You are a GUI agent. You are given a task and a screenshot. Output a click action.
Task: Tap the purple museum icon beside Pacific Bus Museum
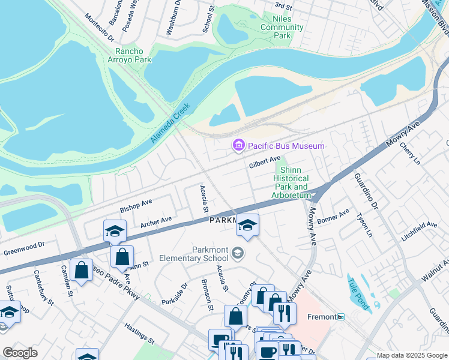[238, 145]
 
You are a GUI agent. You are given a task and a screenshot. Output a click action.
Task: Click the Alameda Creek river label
[170, 123]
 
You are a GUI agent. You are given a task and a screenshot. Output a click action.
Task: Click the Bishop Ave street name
[136, 206]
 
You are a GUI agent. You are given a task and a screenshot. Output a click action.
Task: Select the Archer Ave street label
[156, 222]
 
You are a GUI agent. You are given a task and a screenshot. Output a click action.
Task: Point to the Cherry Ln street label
[411, 154]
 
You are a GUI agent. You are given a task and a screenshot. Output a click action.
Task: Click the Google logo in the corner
[20, 352]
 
